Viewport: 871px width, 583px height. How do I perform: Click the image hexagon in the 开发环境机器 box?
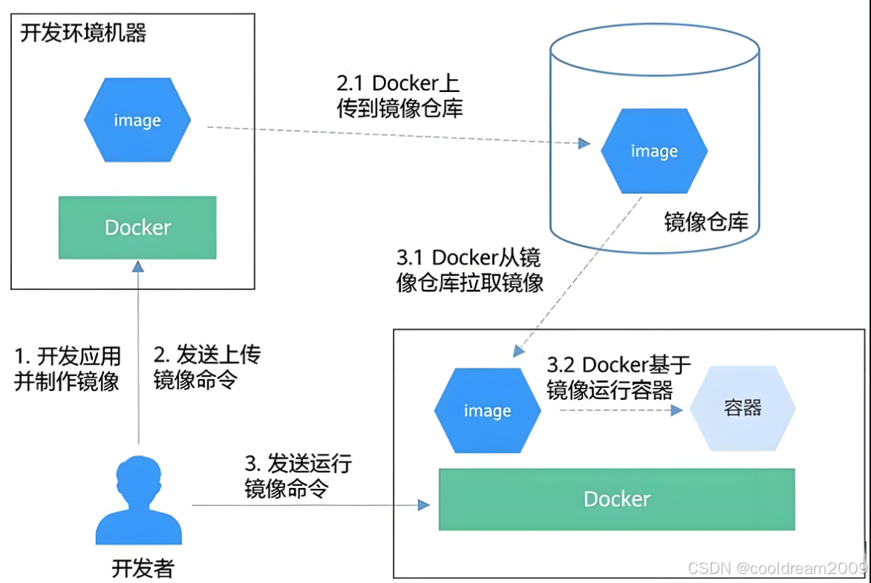(x=137, y=120)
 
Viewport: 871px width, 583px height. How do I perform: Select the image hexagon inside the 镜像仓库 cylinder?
(x=654, y=151)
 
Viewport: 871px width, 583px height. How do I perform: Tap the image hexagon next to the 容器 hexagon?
(x=487, y=411)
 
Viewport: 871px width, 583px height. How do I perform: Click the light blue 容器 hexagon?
(x=742, y=408)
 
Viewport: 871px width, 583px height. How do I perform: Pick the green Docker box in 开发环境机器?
(x=138, y=227)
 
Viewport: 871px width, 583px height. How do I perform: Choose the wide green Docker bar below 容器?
(x=617, y=499)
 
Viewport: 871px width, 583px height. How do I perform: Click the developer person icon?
(x=138, y=502)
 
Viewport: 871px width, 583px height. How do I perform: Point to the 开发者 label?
(x=142, y=568)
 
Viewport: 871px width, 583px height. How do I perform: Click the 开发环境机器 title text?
(x=83, y=34)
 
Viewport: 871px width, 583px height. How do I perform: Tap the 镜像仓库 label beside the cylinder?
(x=706, y=222)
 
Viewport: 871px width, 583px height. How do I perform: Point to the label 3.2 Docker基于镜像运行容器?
(x=619, y=377)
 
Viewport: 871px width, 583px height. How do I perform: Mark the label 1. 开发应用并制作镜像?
(x=67, y=368)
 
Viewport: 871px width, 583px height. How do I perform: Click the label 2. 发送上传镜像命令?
(x=207, y=367)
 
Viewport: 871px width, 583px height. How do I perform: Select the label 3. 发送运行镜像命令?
(x=298, y=476)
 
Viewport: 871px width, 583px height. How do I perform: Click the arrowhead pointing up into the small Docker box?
(x=138, y=267)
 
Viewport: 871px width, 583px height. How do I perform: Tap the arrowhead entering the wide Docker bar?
(x=424, y=505)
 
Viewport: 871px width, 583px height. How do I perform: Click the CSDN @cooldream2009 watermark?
(x=777, y=568)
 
